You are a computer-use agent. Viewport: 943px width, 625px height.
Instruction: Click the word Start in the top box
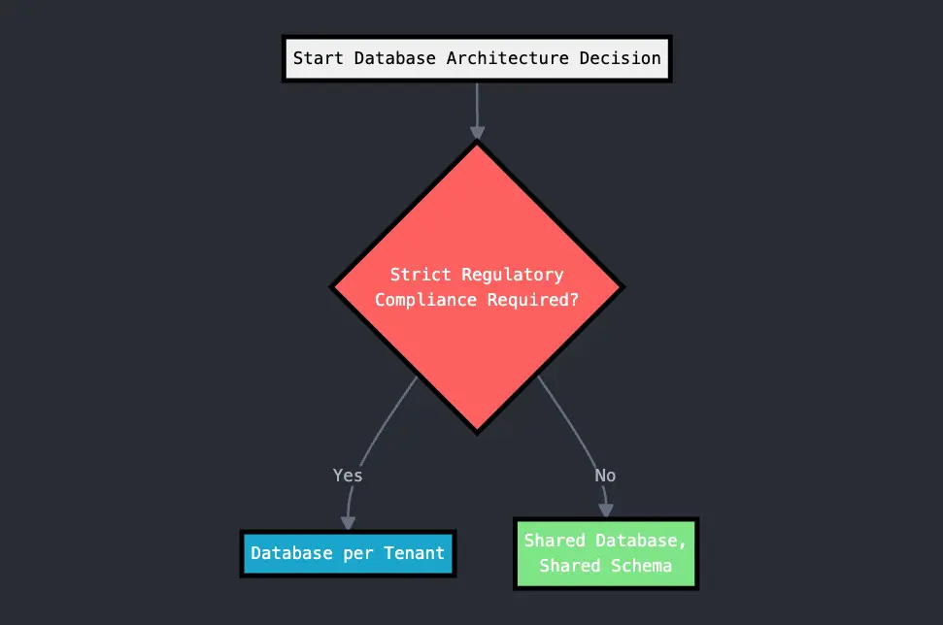pyautogui.click(x=319, y=58)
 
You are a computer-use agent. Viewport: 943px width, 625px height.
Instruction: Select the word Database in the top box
pyautogui.click(x=394, y=58)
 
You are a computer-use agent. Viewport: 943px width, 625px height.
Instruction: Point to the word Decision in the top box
pyautogui.click(x=621, y=58)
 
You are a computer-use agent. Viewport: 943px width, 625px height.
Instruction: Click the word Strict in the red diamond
pyautogui.click(x=421, y=275)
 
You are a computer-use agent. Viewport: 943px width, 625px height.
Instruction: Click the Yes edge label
pyautogui.click(x=348, y=476)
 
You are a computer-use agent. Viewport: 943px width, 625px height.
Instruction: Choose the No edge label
pyautogui.click(x=605, y=476)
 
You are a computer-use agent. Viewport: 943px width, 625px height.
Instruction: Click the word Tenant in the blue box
pyautogui.click(x=415, y=554)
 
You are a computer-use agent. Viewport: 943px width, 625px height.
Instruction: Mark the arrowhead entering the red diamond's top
pyautogui.click(x=477, y=133)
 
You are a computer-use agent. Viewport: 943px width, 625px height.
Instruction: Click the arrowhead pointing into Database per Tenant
pyautogui.click(x=348, y=522)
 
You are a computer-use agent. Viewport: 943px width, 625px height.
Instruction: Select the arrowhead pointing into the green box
pyautogui.click(x=606, y=510)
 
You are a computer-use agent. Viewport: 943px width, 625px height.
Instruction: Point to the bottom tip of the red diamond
pyautogui.click(x=477, y=430)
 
